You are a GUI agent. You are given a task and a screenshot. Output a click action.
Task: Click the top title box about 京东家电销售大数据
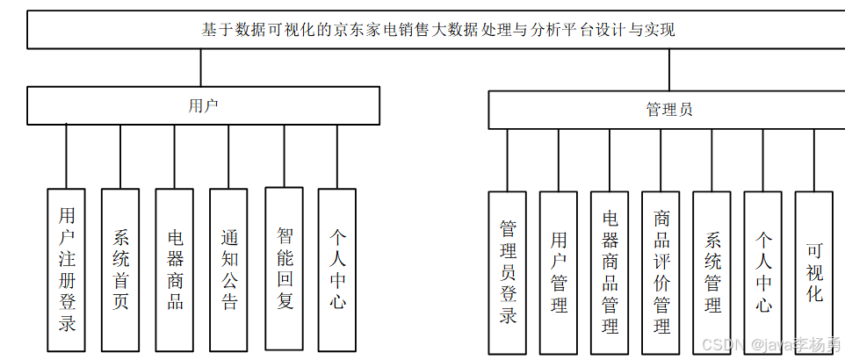pyautogui.click(x=437, y=30)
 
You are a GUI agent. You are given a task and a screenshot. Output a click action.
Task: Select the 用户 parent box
pyautogui.click(x=203, y=105)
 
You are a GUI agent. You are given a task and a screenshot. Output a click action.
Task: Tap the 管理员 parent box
pyautogui.click(x=667, y=110)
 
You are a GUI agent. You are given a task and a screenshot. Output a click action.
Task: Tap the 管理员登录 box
pyautogui.click(x=508, y=272)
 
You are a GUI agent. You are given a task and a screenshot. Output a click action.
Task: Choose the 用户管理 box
pyautogui.click(x=559, y=272)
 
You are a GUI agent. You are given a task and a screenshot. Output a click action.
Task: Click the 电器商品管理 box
pyautogui.click(x=610, y=272)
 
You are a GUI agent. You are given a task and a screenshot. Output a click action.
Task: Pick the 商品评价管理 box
pyautogui.click(x=661, y=272)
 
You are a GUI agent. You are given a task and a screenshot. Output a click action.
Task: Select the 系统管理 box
pyautogui.click(x=711, y=272)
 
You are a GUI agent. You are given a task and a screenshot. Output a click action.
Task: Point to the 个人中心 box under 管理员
pyautogui.click(x=762, y=272)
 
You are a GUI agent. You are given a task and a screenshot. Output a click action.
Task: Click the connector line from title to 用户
pyautogui.click(x=201, y=68)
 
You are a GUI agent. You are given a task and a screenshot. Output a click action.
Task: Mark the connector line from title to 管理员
pyautogui.click(x=669, y=70)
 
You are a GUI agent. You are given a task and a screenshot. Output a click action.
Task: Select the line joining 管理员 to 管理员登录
pyautogui.click(x=507, y=161)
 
